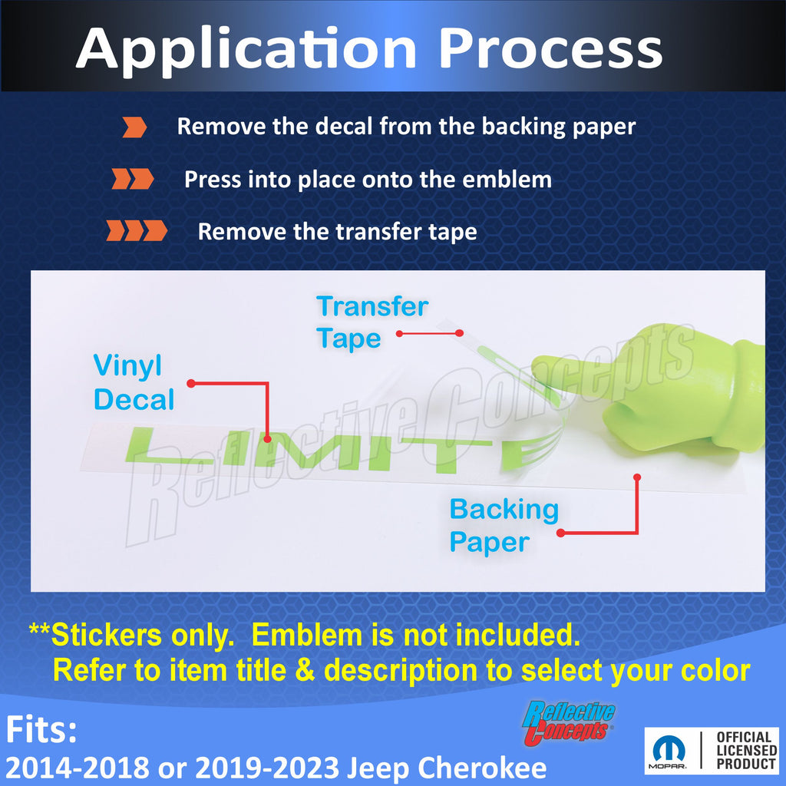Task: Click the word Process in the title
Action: (550, 49)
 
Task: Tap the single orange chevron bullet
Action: (134, 127)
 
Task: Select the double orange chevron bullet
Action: (133, 179)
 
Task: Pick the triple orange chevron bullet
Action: (137, 230)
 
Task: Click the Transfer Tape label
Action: (372, 322)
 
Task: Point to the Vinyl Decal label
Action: (134, 382)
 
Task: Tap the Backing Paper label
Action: (504, 525)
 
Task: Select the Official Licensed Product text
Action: (746, 751)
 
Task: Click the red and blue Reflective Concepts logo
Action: (569, 722)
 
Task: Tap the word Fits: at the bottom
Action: (41, 729)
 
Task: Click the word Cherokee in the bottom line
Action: (482, 768)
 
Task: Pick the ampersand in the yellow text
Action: (305, 670)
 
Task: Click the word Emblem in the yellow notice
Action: (307, 635)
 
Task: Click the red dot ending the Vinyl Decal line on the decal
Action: (267, 439)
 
